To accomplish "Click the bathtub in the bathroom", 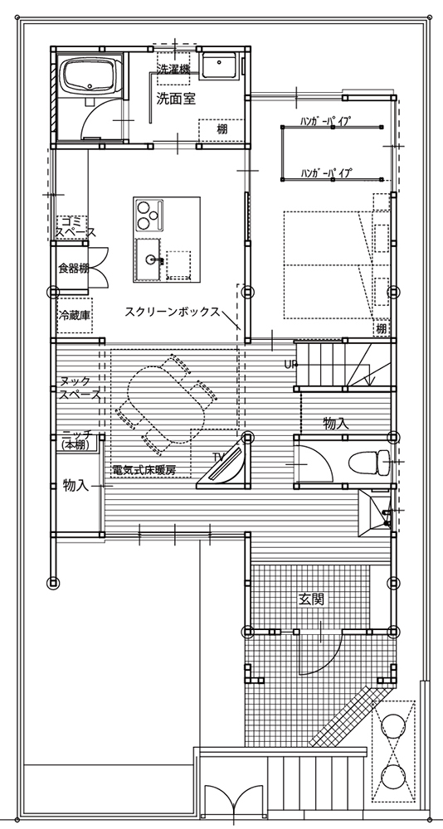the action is pos(90,75).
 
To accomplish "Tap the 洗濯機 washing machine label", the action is pos(173,68).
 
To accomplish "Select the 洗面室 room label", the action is pos(176,99).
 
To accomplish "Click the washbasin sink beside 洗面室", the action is pos(218,66).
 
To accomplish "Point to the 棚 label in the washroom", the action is pos(222,128).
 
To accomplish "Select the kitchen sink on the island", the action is pos(149,259).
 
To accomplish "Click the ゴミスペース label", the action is pos(76,227).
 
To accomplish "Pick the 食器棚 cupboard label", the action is pos(73,268).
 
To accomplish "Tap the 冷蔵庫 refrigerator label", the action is pos(74,314).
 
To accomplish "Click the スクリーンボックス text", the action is pos(172,312).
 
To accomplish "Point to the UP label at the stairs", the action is pos(290,364).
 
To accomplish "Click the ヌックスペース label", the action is pos(79,387).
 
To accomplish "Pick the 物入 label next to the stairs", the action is pos(337,423).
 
